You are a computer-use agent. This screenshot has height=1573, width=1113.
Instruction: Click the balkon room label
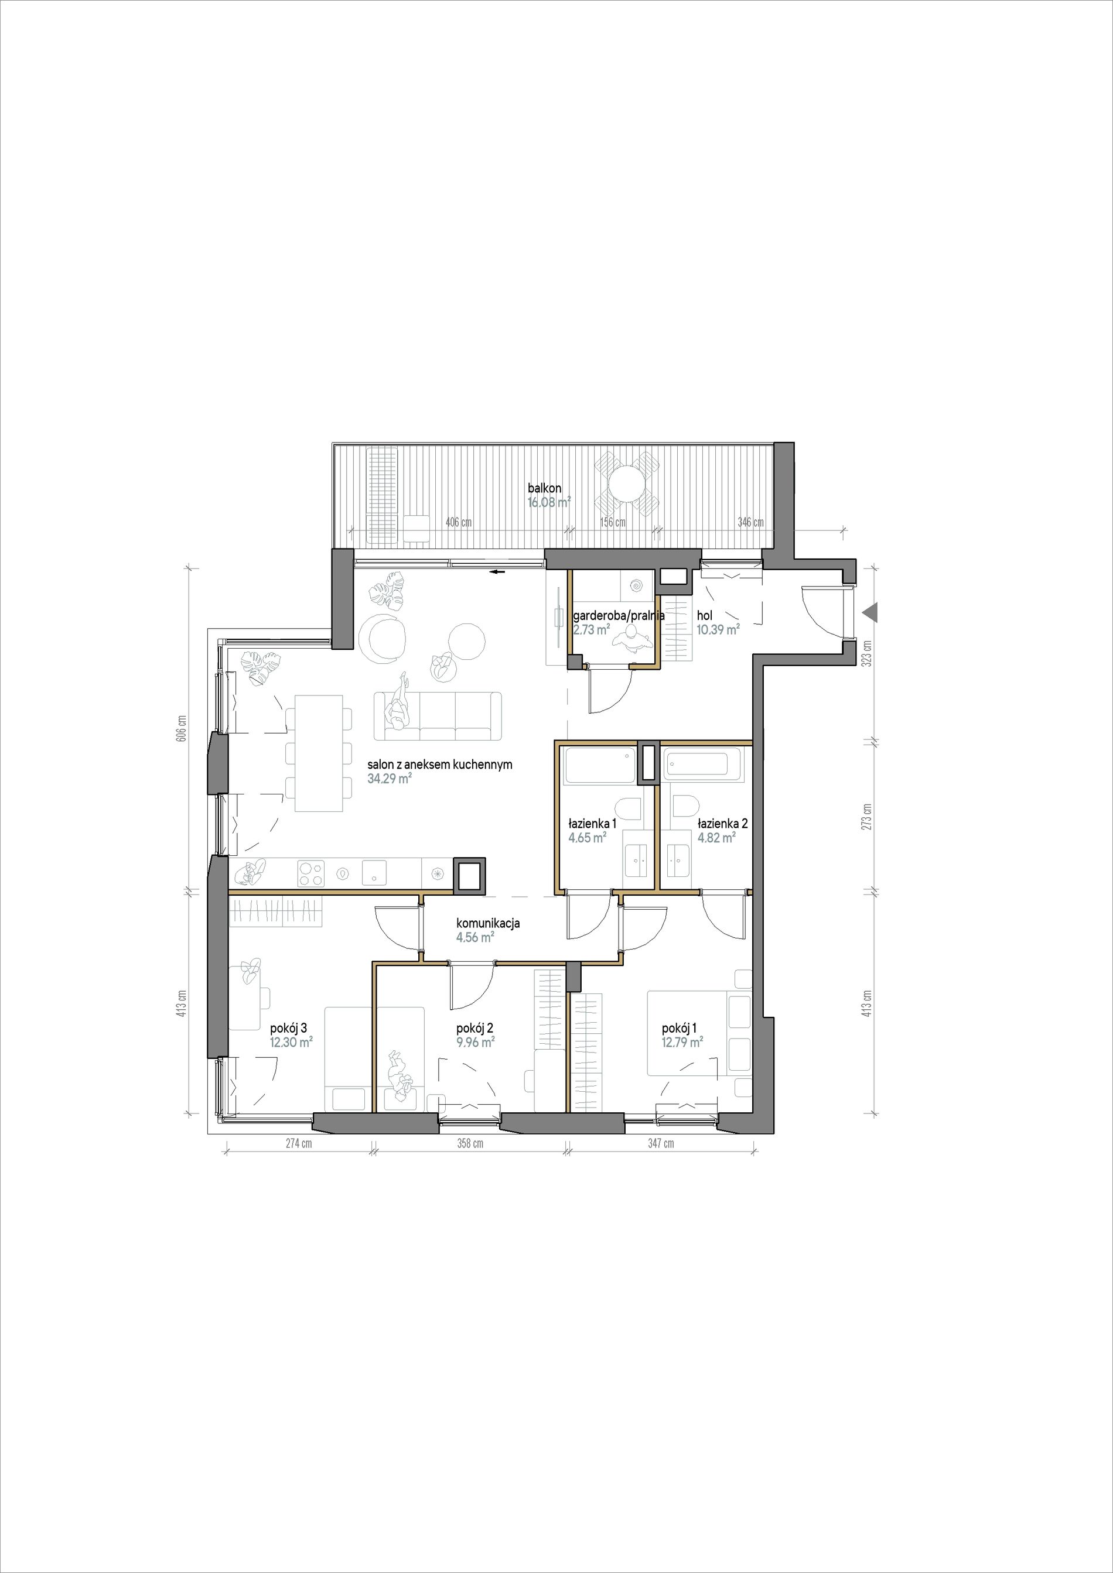545,488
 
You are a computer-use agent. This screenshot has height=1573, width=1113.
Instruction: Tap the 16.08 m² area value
549,502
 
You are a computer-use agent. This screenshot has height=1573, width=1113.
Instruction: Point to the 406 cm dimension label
459,522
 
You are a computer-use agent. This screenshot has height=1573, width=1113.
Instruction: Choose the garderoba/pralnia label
619,616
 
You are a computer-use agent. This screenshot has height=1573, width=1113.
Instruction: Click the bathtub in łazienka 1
599,766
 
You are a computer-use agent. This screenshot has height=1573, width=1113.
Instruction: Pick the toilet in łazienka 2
685,808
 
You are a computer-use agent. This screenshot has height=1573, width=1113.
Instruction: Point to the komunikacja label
489,923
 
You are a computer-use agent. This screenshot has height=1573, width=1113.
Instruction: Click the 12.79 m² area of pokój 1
682,1042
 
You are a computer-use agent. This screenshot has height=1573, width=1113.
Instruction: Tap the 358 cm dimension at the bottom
470,1143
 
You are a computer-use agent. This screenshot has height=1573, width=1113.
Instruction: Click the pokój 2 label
475,1029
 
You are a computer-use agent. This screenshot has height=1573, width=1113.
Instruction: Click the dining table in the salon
319,753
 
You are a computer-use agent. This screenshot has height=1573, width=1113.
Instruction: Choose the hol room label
704,616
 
